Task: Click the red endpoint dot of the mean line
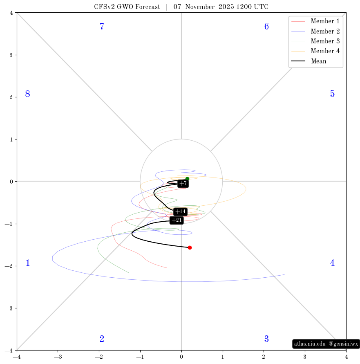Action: [190, 248]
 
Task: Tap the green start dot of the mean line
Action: [187, 179]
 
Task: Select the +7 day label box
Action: [183, 184]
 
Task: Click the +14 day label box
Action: [181, 212]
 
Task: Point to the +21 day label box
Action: [177, 220]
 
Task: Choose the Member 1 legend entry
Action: [315, 21]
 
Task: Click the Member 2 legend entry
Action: [315, 31]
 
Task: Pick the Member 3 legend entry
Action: [315, 41]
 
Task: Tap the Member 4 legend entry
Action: [315, 51]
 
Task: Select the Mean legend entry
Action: [309, 61]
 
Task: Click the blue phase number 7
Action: [102, 26]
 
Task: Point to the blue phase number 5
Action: [332, 94]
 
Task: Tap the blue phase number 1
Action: [28, 263]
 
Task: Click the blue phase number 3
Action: [266, 339]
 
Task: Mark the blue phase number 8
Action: [28, 94]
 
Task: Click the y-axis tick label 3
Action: [11, 55]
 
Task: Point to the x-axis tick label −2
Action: [99, 357]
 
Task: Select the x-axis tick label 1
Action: [223, 357]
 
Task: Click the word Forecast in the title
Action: [148, 7]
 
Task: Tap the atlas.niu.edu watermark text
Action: [310, 344]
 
